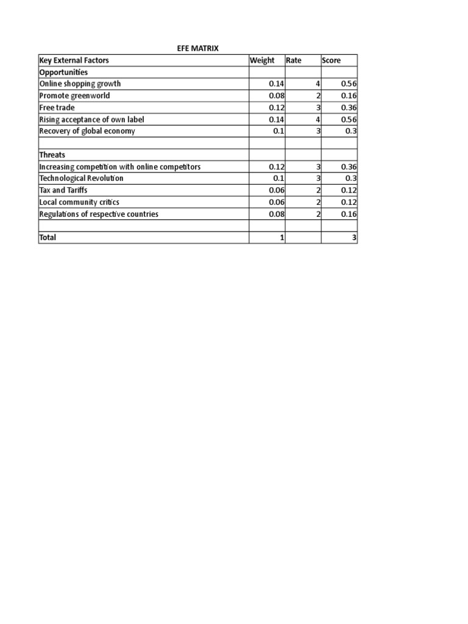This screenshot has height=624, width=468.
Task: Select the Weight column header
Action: point(262,60)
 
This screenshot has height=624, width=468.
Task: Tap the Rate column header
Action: point(294,60)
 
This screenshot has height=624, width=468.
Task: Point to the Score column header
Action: point(331,60)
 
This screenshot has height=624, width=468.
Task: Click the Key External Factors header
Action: point(74,60)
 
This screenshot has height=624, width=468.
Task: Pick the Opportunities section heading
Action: point(63,72)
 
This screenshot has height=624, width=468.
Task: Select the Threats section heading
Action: point(52,155)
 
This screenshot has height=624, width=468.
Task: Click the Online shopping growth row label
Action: point(80,83)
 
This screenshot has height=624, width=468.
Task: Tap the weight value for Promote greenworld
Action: point(277,96)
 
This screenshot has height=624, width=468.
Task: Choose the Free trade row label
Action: point(57,107)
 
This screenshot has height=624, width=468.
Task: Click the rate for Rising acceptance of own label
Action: point(318,119)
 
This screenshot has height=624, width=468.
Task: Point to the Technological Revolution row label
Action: point(81,179)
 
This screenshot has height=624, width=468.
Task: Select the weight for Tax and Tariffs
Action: point(277,190)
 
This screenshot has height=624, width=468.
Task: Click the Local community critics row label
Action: point(79,202)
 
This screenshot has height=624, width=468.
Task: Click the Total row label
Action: point(48,238)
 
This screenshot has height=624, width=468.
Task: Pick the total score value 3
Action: point(354,238)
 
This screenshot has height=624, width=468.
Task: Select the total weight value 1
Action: point(282,238)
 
